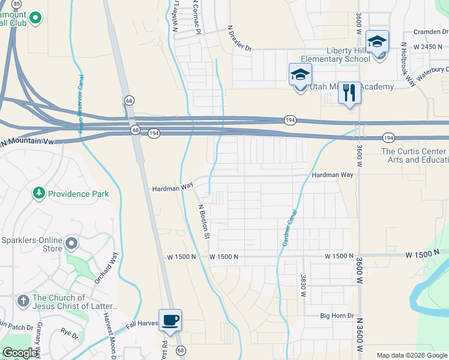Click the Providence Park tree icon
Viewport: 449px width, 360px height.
(39, 193)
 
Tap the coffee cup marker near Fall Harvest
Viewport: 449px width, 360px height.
(170, 319)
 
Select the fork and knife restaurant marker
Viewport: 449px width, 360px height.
(350, 93)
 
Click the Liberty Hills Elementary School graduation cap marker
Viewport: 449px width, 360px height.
(377, 42)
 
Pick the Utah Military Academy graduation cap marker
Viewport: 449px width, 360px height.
(300, 75)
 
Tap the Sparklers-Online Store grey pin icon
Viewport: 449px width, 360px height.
(71, 244)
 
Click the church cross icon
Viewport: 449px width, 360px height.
(23, 300)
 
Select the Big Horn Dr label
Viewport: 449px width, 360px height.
(337, 316)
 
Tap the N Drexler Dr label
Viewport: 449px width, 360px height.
(240, 38)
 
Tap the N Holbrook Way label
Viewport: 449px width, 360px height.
(408, 64)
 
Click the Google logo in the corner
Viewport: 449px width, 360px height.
(20, 353)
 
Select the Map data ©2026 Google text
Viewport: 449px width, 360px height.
(412, 355)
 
